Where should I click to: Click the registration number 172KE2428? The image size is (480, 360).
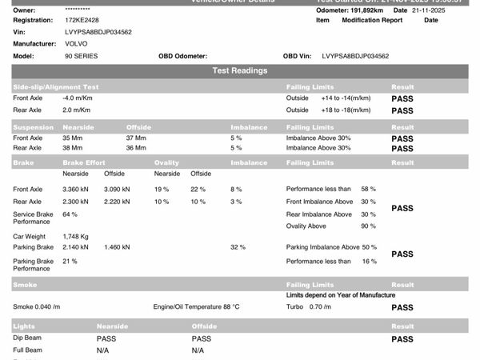[82, 19]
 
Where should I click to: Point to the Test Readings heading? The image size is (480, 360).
[240, 71]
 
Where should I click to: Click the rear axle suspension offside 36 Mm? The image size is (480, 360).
[136, 148]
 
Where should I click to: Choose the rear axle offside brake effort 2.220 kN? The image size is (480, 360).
[120, 202]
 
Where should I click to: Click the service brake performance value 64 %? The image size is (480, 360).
[70, 214]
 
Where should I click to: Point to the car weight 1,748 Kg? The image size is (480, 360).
[76, 236]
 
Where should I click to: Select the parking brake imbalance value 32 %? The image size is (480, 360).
[238, 247]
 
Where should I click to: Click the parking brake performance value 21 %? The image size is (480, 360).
[70, 261]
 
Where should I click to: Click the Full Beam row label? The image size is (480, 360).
[29, 350]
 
